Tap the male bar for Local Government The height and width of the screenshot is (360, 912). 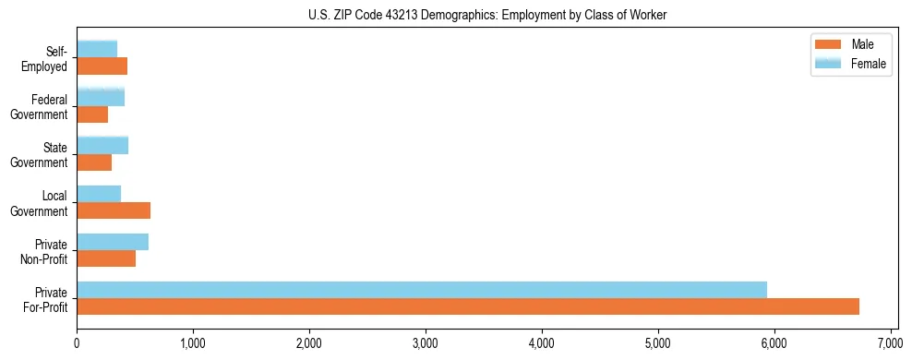point(114,210)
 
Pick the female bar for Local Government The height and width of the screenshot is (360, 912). point(99,194)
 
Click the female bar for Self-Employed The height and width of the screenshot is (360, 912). point(97,49)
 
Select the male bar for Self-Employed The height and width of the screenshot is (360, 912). point(102,66)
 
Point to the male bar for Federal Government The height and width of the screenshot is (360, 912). point(92,114)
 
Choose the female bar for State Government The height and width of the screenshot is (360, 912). point(102,145)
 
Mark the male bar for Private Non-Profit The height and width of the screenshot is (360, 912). point(106,258)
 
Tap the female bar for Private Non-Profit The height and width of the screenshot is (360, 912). point(113,242)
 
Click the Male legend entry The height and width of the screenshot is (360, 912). point(849,44)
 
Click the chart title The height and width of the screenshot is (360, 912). point(487,15)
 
